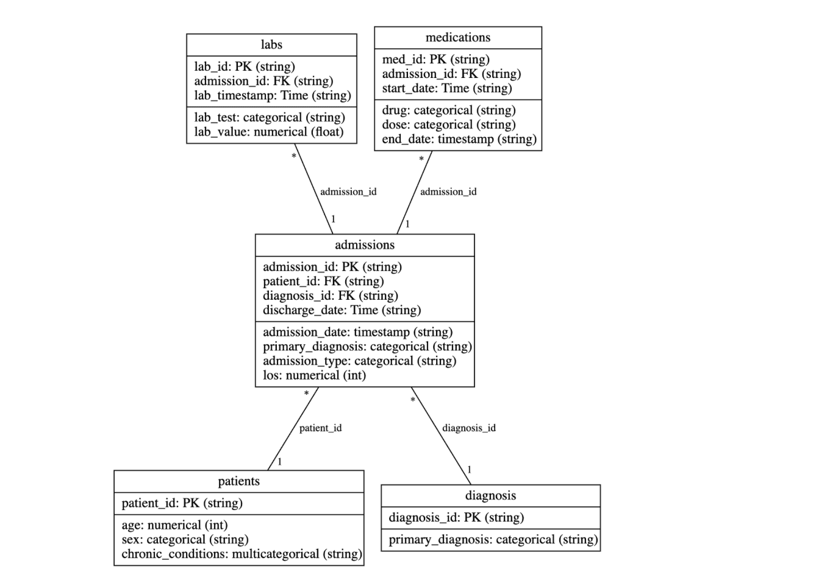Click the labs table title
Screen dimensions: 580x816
(x=271, y=44)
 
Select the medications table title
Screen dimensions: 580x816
(x=457, y=37)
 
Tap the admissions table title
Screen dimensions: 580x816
(x=365, y=245)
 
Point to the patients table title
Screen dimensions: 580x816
(x=238, y=481)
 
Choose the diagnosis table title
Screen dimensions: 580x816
(x=490, y=495)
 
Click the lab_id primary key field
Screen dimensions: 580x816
(x=245, y=66)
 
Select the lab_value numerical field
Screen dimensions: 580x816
(x=268, y=132)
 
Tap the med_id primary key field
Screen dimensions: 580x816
(x=435, y=59)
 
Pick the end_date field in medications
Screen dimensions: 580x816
(x=459, y=139)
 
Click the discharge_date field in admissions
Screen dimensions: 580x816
(x=342, y=310)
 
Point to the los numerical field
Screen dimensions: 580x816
(x=314, y=375)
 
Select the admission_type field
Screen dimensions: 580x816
(x=359, y=361)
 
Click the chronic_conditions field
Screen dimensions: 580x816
(x=242, y=554)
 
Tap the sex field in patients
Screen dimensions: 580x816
(x=185, y=539)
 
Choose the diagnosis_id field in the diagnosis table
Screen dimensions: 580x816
(x=456, y=517)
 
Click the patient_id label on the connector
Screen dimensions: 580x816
(x=320, y=428)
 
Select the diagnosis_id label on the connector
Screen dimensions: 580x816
(x=468, y=428)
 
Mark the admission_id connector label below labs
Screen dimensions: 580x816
(x=348, y=191)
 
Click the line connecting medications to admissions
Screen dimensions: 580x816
(x=415, y=193)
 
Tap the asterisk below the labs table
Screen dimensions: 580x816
(x=294, y=157)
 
